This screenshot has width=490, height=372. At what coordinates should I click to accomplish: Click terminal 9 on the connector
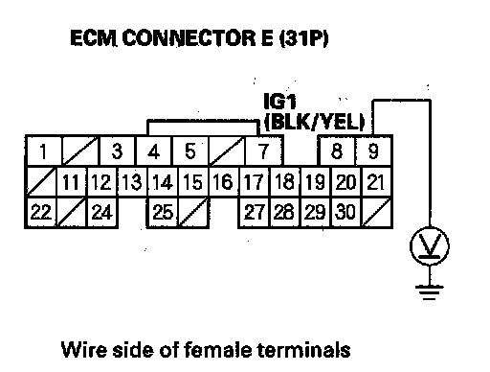(373, 151)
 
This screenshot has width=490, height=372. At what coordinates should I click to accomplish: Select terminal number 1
(43, 151)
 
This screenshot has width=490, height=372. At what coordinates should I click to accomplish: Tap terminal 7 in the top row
(263, 151)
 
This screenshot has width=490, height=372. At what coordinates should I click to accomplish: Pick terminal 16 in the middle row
(223, 181)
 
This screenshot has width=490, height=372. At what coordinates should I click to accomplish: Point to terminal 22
(41, 212)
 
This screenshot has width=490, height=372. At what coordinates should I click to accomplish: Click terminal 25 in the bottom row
(163, 212)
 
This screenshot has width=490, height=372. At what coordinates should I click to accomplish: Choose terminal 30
(345, 212)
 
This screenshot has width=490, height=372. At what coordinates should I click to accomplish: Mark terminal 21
(376, 181)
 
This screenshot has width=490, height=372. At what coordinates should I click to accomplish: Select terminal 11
(71, 181)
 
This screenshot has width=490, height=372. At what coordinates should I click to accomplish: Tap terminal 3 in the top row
(117, 151)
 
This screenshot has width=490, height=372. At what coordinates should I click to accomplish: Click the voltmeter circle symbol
(430, 246)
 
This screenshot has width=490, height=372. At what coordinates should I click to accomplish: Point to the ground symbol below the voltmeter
(430, 292)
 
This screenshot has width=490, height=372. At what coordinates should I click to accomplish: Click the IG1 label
(280, 102)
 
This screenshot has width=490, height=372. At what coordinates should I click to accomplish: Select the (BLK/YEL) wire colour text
(315, 122)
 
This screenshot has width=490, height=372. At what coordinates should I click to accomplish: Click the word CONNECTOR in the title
(189, 38)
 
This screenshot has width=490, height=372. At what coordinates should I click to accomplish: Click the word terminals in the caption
(304, 349)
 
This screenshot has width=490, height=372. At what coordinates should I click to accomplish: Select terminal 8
(337, 151)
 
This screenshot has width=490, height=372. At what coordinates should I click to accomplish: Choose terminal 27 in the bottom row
(254, 212)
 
